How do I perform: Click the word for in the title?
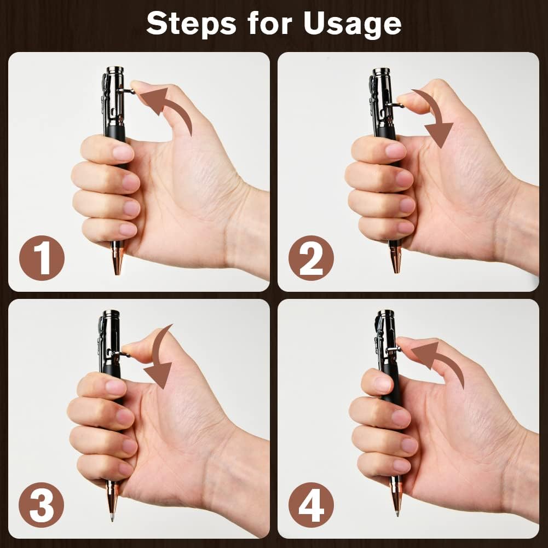tap(270, 24)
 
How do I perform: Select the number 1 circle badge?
tap(42, 258)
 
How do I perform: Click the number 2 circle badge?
tap(311, 258)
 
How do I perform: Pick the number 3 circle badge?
tap(42, 505)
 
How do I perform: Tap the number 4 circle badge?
tap(311, 505)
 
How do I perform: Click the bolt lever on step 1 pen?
tap(126, 91)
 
